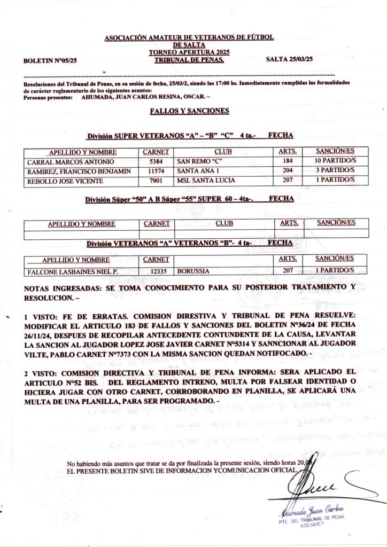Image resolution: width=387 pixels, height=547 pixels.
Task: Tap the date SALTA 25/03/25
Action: coord(289,60)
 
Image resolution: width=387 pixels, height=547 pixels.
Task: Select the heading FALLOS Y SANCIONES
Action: coord(189,111)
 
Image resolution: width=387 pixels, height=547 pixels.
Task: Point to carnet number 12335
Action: coord(156,271)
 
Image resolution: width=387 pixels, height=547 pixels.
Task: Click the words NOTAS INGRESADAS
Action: coord(62,288)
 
